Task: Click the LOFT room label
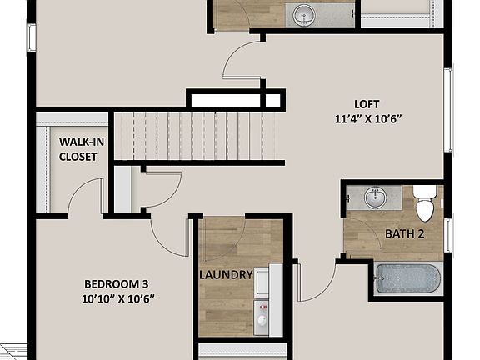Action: pyautogui.click(x=366, y=104)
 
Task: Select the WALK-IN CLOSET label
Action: pyautogui.click(x=81, y=147)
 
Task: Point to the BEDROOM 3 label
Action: pyautogui.click(x=117, y=282)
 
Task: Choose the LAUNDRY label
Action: pyautogui.click(x=226, y=275)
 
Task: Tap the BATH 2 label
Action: pyautogui.click(x=404, y=234)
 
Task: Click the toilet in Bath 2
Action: pyautogui.click(x=425, y=200)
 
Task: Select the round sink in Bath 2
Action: pyautogui.click(x=376, y=197)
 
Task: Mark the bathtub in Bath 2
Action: pyautogui.click(x=406, y=278)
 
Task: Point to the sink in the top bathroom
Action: pyautogui.click(x=302, y=14)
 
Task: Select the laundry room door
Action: pyautogui.click(x=222, y=236)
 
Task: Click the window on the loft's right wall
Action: pyautogui.click(x=447, y=109)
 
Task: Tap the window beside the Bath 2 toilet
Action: pyautogui.click(x=447, y=234)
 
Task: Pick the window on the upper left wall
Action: pyautogui.click(x=32, y=37)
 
